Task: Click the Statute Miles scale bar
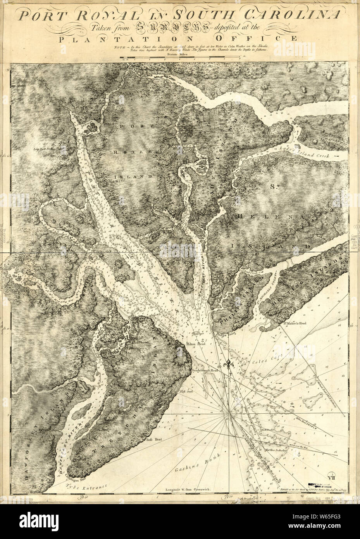tap(180, 59)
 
